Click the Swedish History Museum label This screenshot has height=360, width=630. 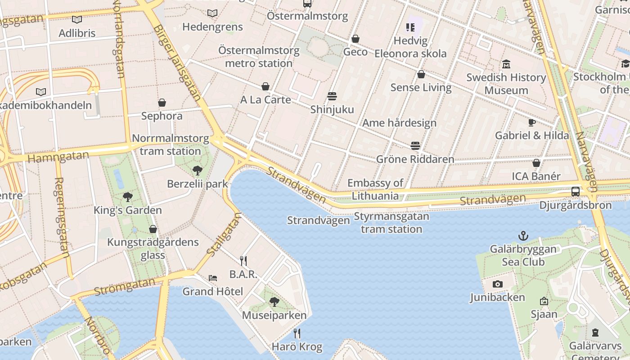point(506,84)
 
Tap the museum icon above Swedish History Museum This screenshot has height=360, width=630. point(506,64)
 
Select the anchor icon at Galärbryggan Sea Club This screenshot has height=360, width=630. point(523,235)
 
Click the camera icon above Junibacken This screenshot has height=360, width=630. point(497,284)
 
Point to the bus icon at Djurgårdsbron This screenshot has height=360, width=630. point(576,192)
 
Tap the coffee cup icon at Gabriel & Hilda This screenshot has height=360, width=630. point(531,122)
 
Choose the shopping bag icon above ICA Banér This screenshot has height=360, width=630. point(536,163)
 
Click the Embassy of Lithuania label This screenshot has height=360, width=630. point(375,189)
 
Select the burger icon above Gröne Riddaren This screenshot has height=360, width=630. point(415,146)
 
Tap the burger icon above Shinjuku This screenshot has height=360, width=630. point(332,96)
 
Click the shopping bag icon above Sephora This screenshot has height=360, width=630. point(162,103)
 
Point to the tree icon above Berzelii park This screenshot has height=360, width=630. point(197,171)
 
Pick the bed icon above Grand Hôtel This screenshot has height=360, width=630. point(213,278)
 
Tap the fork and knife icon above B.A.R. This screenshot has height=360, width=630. point(243,261)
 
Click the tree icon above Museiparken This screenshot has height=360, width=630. point(274,302)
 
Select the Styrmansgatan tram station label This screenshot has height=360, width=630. point(391,223)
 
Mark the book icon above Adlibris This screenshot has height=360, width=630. point(77,20)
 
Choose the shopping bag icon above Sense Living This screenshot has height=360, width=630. point(421,74)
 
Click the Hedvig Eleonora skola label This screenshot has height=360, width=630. point(410,47)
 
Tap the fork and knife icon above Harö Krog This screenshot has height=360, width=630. point(297,333)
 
